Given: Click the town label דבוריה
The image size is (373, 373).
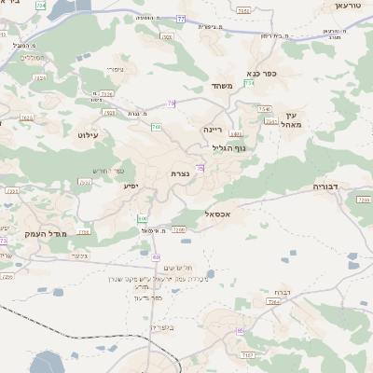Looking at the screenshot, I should (x=327, y=187).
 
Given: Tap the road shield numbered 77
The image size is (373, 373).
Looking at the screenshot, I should (x=181, y=19).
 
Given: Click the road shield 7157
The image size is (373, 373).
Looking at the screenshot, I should (x=247, y=355).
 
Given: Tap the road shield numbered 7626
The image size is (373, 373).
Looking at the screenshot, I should (x=26, y=117).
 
